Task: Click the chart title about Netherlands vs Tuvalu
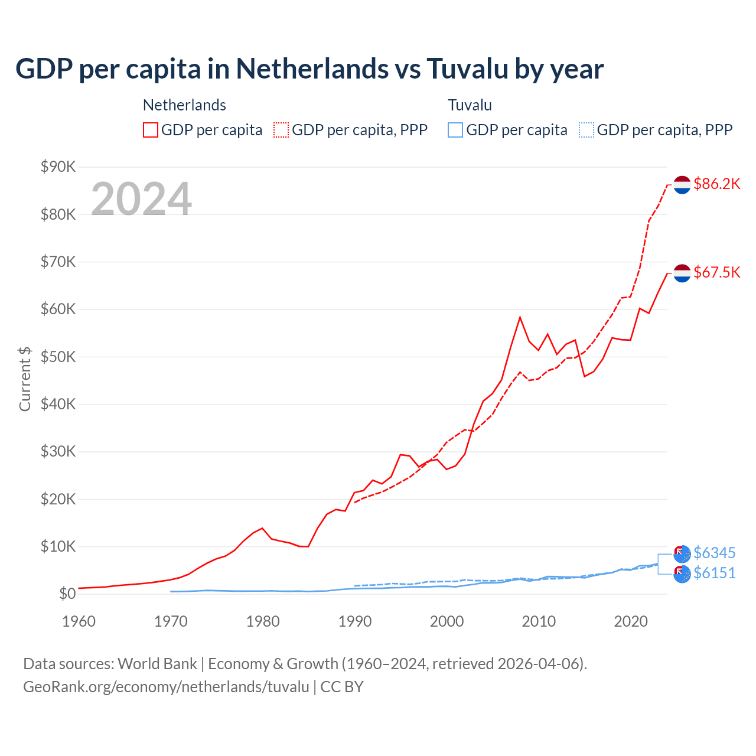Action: [x=309, y=69]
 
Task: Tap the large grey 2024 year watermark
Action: [x=141, y=199]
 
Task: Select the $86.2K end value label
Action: [x=716, y=184]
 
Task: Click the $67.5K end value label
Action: [x=716, y=272]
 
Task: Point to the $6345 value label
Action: [x=714, y=553]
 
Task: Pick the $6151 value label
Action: [x=714, y=573]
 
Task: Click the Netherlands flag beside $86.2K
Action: [x=682, y=185]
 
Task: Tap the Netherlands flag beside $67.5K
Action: [x=682, y=273]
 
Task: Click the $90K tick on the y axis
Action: [x=58, y=167]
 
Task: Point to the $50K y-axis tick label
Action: [x=58, y=357]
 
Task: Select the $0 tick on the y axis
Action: [x=67, y=594]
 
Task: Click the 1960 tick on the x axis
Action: [x=79, y=621]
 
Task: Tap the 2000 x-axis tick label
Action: [x=447, y=621]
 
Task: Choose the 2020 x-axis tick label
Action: [x=631, y=621]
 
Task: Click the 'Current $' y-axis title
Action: [x=25, y=379]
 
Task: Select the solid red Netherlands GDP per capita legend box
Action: [x=151, y=130]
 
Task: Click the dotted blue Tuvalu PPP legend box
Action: [x=586, y=130]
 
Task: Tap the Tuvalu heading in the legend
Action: [x=470, y=105]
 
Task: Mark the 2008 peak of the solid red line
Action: [x=520, y=317]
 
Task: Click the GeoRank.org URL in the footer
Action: [x=166, y=687]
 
